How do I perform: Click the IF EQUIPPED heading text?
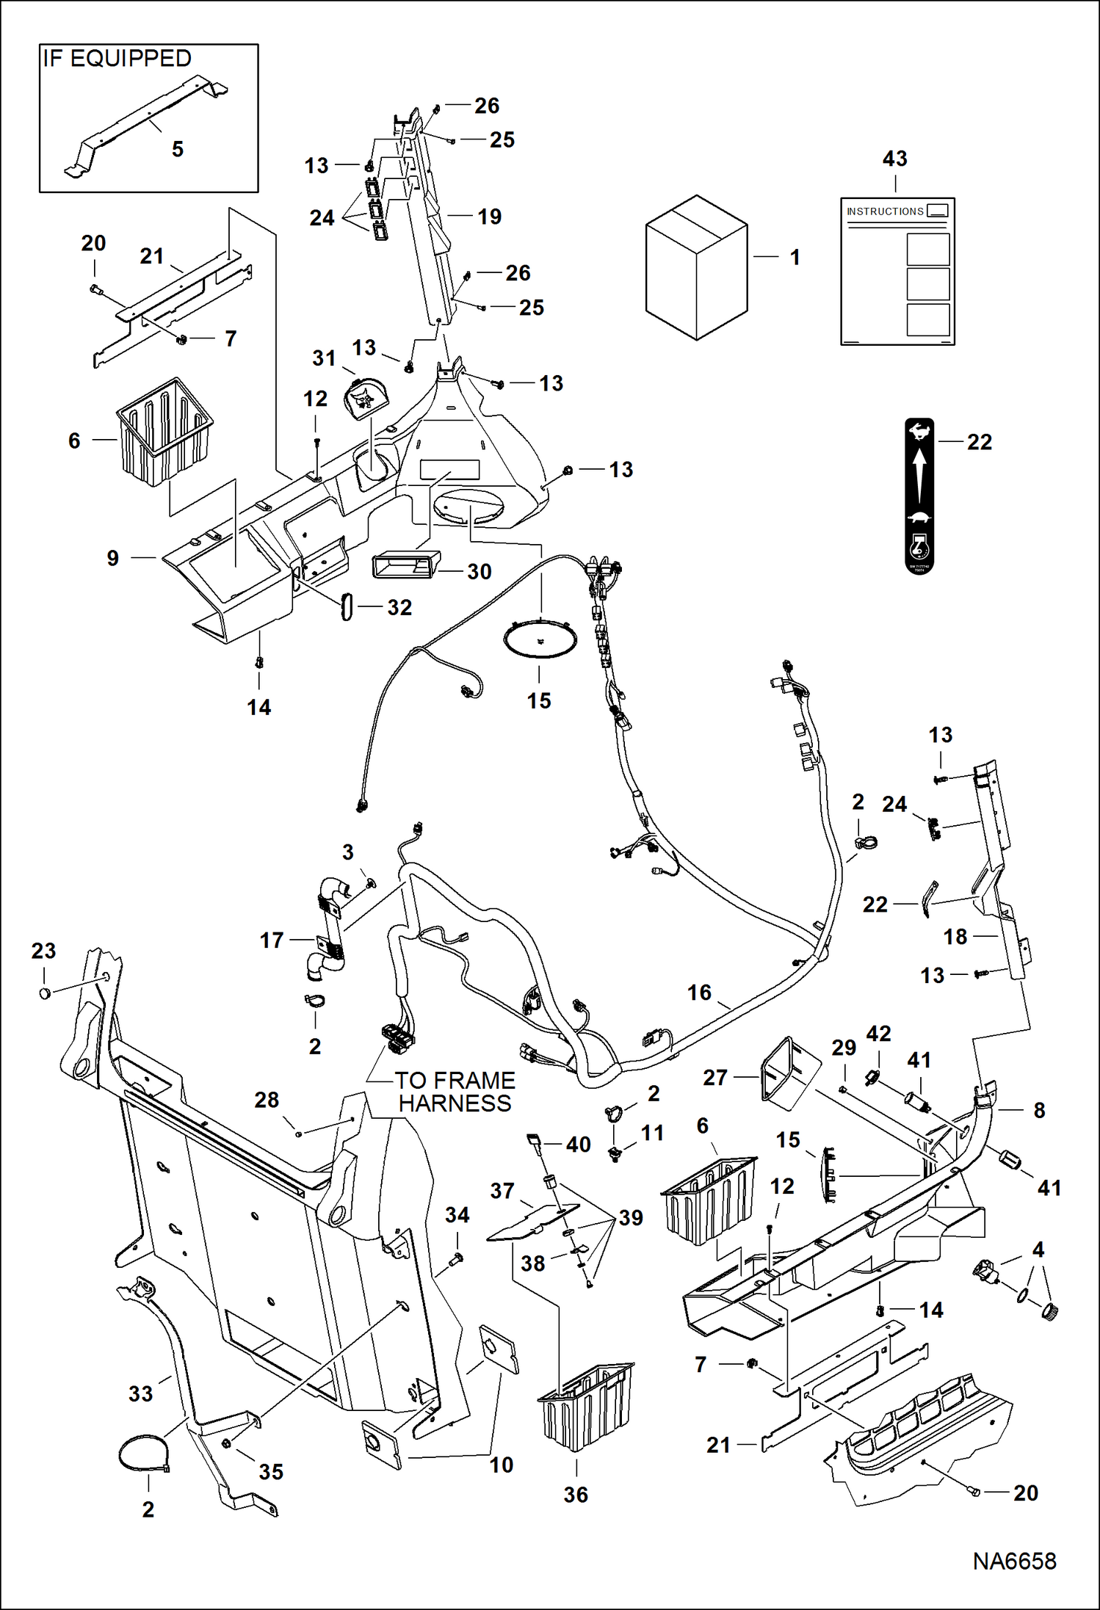[117, 59]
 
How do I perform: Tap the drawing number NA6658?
[1014, 1561]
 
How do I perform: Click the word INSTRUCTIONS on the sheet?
[885, 211]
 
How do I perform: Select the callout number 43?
[894, 159]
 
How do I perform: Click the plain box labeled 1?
[695, 268]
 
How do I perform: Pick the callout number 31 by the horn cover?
[324, 358]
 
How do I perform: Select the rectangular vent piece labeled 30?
[406, 565]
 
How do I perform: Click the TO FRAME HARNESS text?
[455, 1092]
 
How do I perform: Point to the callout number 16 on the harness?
[699, 993]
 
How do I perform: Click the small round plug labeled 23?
[45, 993]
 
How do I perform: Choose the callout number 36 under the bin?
[576, 1495]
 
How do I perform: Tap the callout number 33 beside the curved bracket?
[140, 1393]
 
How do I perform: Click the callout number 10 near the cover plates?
[502, 1465]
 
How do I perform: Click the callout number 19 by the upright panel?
[489, 217]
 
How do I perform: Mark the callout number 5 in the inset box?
[177, 149]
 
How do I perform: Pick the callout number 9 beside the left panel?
[112, 558]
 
